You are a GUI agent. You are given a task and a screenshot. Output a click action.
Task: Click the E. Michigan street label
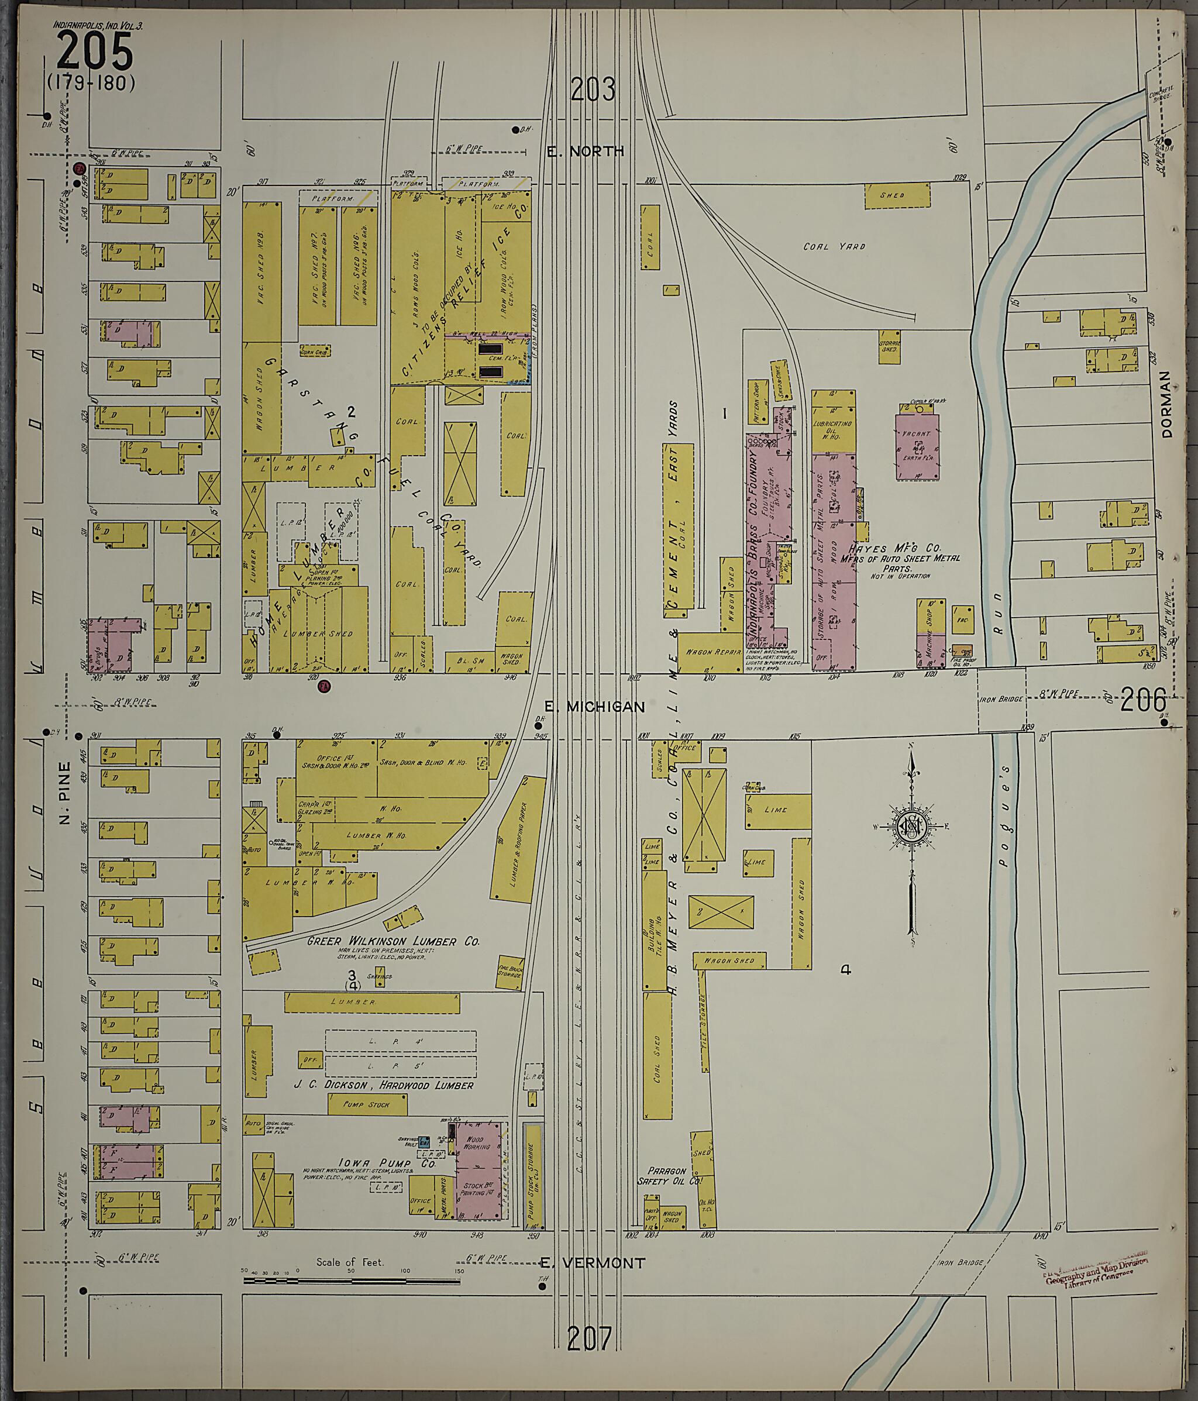point(594,707)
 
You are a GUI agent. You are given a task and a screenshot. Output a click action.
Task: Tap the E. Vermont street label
point(593,1262)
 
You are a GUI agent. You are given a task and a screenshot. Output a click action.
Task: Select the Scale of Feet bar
point(352,1280)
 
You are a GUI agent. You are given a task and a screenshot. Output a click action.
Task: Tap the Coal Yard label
point(834,247)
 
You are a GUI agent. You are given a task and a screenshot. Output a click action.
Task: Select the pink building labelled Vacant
point(917,446)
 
